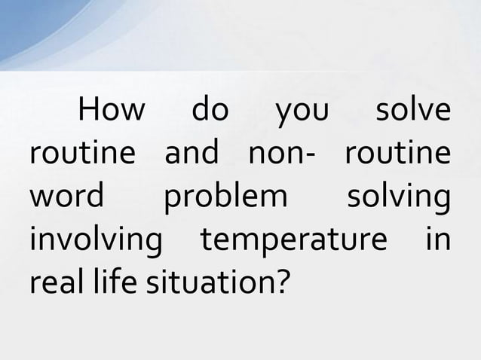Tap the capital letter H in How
tap(88, 112)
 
